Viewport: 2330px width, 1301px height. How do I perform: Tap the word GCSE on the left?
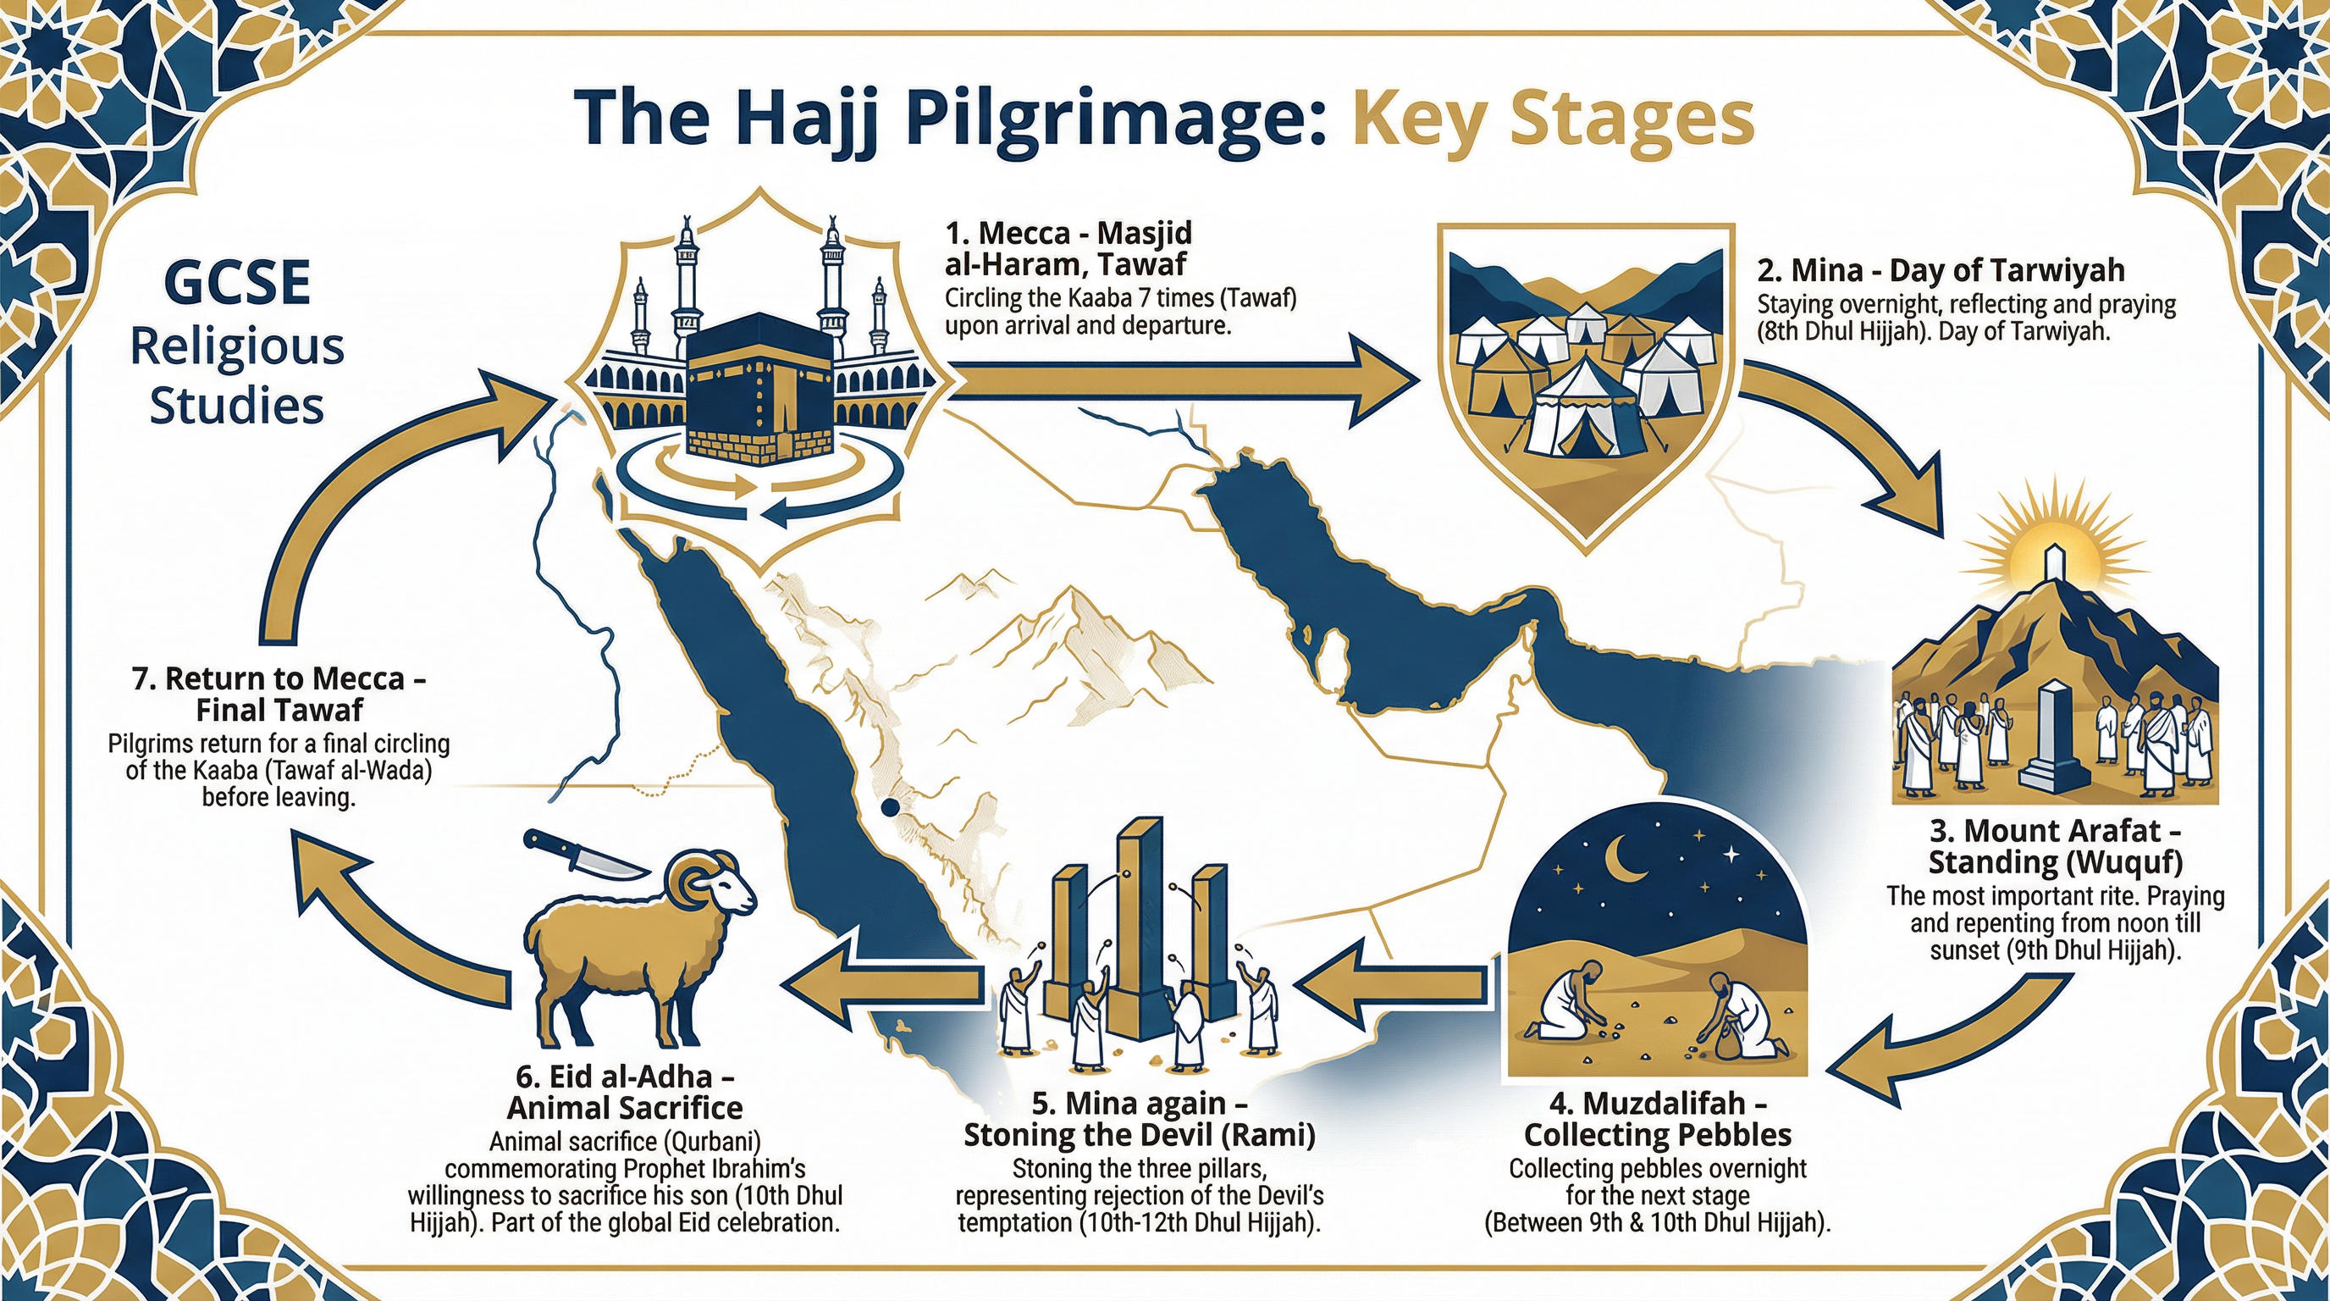[x=238, y=283]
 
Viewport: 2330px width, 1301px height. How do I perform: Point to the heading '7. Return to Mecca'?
[x=279, y=678]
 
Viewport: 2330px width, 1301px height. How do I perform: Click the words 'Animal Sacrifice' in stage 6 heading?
[x=625, y=1107]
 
